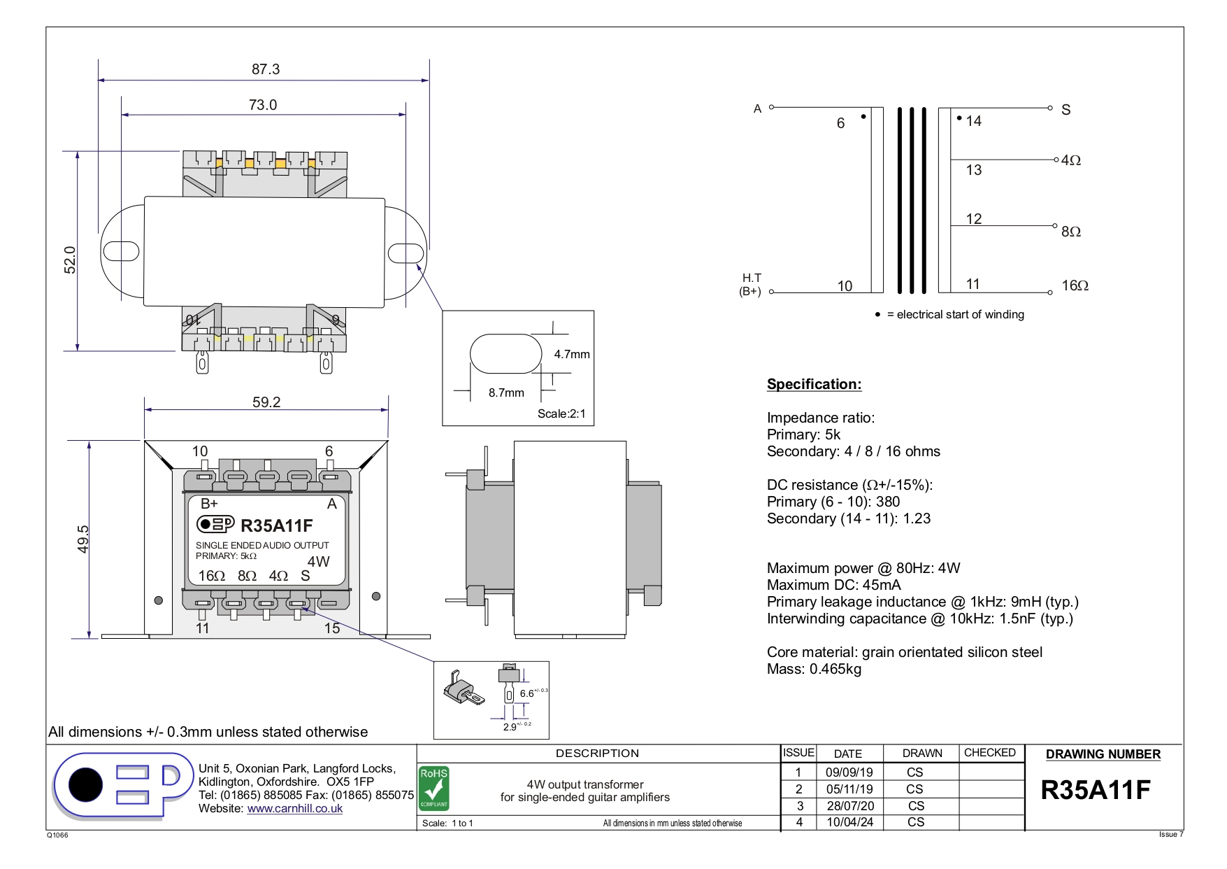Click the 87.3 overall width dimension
pos(266,69)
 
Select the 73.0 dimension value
pos(263,105)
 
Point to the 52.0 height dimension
pos(70,260)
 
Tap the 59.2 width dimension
pos(266,402)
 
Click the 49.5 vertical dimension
pos(83,539)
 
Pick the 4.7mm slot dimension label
pos(572,354)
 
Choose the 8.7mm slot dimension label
pos(506,393)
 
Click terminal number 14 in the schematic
pos(973,121)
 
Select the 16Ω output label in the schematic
pos(1075,285)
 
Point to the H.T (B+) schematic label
pos(751,285)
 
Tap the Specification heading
pos(814,384)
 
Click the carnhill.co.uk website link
pos(294,808)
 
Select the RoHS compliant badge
pos(433,788)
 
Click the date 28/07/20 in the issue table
pos(849,805)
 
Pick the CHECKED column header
pos(989,753)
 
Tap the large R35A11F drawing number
pos(1096,790)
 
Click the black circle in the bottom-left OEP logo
pos(85,785)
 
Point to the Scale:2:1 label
pos(561,414)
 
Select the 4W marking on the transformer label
pos(318,561)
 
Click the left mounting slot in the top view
pos(121,250)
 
